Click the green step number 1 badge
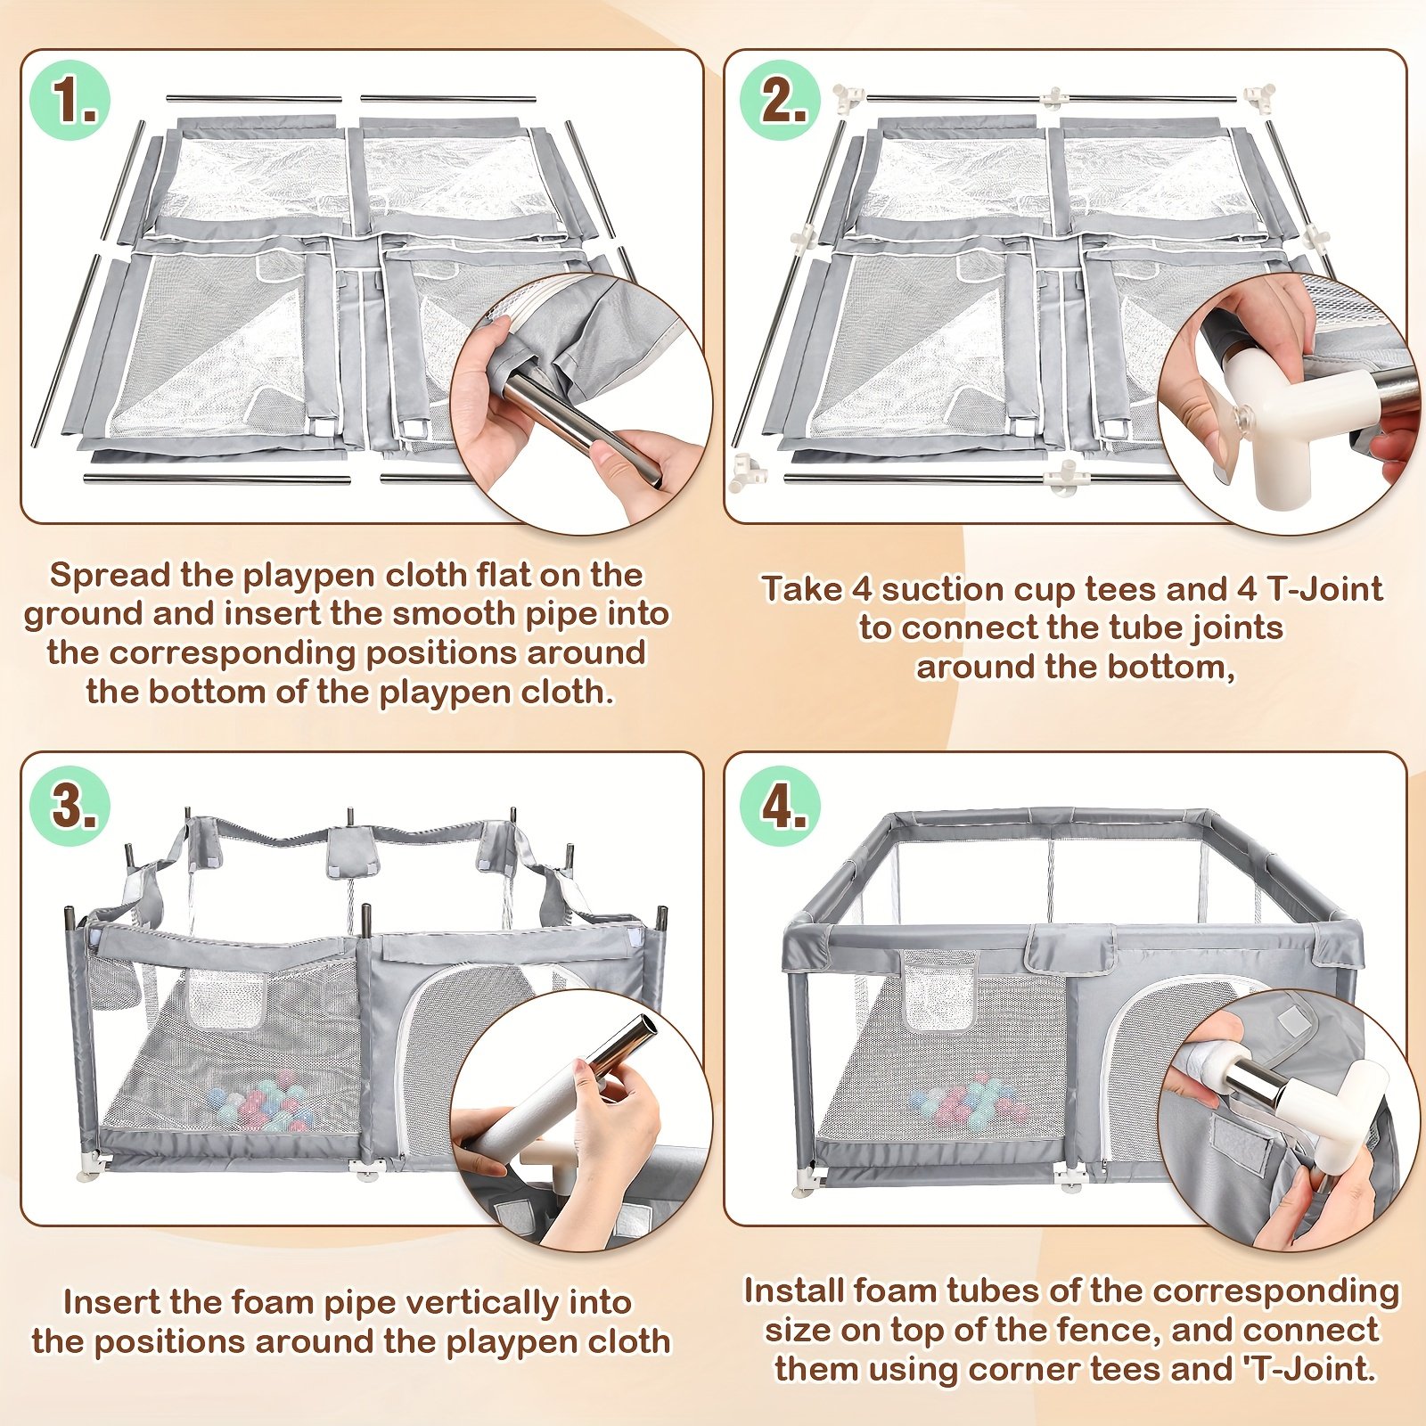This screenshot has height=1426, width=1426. [70, 100]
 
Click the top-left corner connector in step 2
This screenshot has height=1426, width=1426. [847, 96]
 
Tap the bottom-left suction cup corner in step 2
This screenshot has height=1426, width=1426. [743, 471]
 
